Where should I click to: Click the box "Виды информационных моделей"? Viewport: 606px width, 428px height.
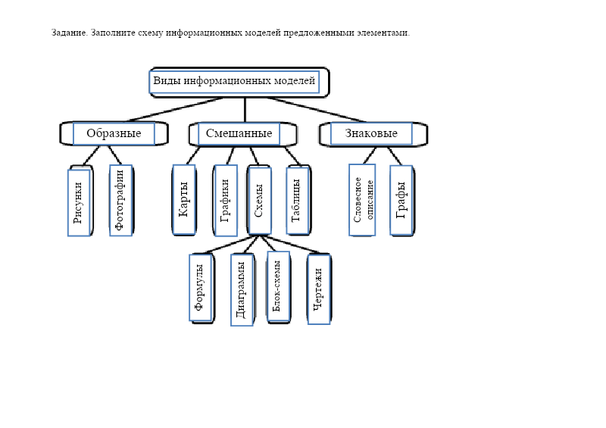click(x=234, y=81)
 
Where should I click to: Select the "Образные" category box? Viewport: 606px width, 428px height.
click(x=114, y=133)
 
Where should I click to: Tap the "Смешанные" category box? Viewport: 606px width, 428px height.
click(x=239, y=133)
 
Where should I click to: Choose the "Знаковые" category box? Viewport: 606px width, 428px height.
click(x=371, y=133)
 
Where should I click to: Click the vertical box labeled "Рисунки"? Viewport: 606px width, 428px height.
click(x=79, y=202)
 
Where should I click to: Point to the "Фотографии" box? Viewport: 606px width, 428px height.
click(x=120, y=201)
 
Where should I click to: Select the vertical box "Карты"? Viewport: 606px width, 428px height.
click(x=184, y=199)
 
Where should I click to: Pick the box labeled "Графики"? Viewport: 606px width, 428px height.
click(x=225, y=201)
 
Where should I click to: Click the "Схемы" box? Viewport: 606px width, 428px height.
click(x=259, y=201)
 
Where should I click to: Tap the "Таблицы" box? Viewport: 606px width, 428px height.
click(x=297, y=201)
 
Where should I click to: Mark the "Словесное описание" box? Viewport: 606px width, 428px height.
click(x=362, y=200)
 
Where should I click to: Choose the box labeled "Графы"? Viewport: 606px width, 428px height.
click(x=401, y=200)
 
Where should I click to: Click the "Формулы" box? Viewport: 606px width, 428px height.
click(x=201, y=288)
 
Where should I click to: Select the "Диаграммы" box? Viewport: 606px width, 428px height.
click(x=242, y=289)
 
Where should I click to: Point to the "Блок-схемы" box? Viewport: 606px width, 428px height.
click(x=278, y=286)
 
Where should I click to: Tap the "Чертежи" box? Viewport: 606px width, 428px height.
click(x=319, y=289)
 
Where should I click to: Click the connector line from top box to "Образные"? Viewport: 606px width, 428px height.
click(x=174, y=109)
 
